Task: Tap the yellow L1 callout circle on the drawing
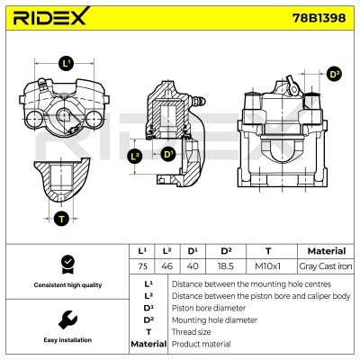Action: click(66, 63)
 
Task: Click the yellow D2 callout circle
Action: click(335, 75)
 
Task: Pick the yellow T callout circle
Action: click(61, 218)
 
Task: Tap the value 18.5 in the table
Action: click(227, 265)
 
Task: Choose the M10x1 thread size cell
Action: click(268, 265)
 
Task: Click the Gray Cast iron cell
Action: click(319, 265)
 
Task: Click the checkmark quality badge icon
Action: click(66, 264)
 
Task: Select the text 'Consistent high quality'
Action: click(66, 285)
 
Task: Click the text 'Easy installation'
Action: click(66, 341)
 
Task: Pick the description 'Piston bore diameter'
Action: click(206, 307)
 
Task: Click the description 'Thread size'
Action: click(191, 331)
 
